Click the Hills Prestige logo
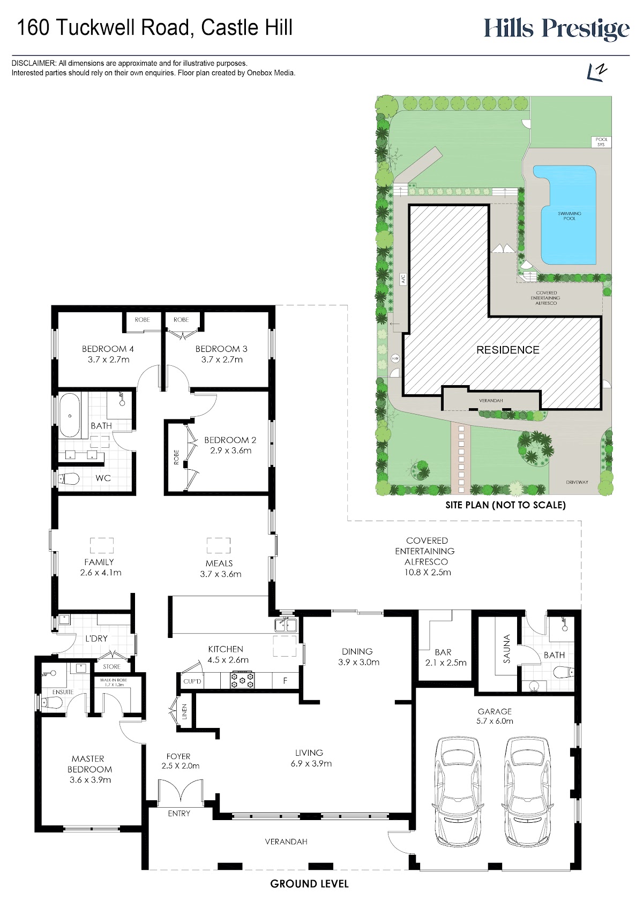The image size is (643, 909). pos(557,29)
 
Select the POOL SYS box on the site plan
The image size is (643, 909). pos(601,141)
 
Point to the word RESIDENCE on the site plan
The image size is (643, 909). pos(508,350)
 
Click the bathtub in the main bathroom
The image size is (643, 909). pos(70,416)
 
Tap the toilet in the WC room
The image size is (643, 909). pos(68,479)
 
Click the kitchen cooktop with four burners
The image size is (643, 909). pos(242,680)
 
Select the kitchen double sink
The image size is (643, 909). pos(286,624)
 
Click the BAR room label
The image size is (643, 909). pos(443,652)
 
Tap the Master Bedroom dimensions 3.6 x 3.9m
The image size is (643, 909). pos(90,780)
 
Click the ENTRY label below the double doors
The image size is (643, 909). pos(179,813)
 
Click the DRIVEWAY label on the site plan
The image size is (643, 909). pos(577,482)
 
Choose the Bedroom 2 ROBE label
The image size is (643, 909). pos(176,457)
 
